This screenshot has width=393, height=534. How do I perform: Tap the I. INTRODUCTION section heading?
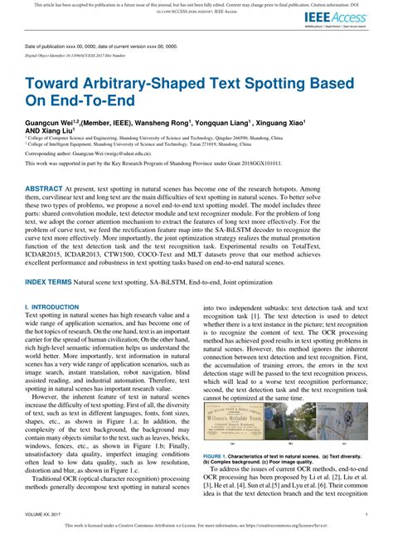click(56, 307)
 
